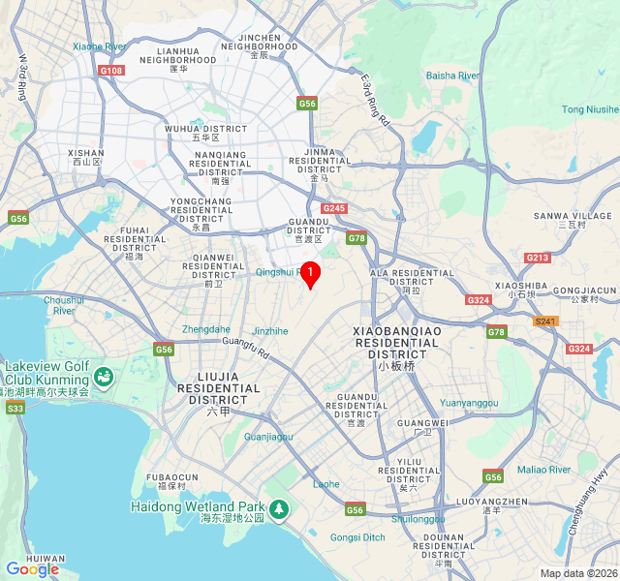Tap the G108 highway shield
point(111,71)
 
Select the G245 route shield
point(334,208)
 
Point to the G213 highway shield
point(537,258)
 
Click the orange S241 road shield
point(546,321)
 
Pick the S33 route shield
point(15,409)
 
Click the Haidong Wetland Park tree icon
point(279,508)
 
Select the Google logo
point(32,569)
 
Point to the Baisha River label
point(453,76)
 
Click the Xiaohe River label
point(99,46)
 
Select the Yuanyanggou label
point(469,403)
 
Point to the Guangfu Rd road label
point(246,346)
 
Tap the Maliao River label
point(543,470)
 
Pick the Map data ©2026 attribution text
point(578,573)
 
